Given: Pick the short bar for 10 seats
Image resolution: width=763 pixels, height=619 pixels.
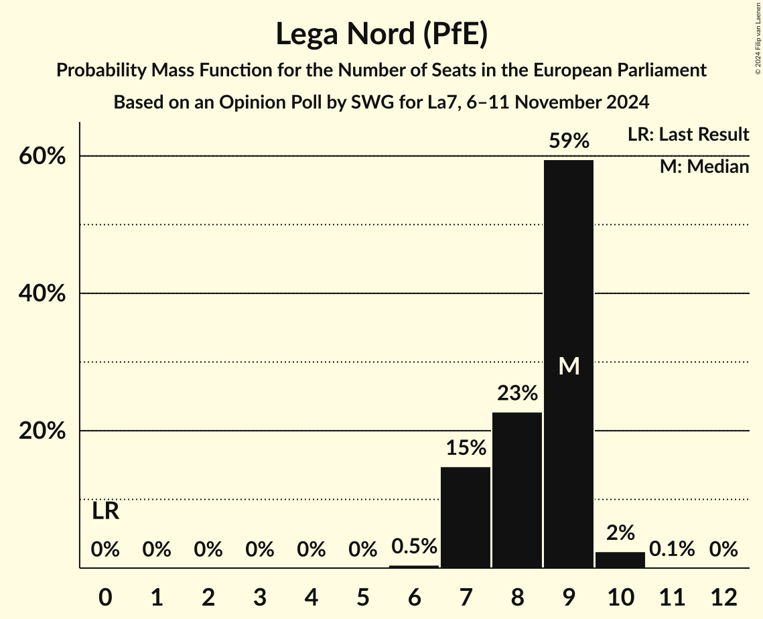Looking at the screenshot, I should click(x=620, y=560).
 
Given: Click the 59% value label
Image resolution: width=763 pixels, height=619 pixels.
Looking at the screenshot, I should click(x=569, y=141).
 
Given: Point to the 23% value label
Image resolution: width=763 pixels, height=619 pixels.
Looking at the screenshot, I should click(x=517, y=393).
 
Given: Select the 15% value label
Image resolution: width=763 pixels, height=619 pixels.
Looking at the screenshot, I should click(x=466, y=448).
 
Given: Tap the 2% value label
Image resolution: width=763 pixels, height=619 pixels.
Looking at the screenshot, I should click(x=620, y=533).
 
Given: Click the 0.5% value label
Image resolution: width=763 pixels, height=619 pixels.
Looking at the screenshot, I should click(x=414, y=547).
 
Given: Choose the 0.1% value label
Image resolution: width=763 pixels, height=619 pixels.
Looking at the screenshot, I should click(x=672, y=549).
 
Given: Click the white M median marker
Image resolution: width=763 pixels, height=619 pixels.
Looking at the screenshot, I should click(x=569, y=366).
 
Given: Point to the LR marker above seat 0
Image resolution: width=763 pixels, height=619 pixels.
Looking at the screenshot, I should click(x=105, y=512).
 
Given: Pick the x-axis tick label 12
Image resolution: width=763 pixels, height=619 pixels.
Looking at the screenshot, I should click(x=723, y=596).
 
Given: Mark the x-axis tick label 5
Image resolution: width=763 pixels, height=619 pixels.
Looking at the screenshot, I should click(x=362, y=596).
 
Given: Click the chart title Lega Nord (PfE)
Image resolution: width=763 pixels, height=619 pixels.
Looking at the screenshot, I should click(x=381, y=35).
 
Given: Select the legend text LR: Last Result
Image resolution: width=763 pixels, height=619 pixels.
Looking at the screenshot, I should click(x=688, y=135).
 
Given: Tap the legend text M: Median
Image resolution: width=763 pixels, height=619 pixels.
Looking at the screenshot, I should click(x=704, y=167).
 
